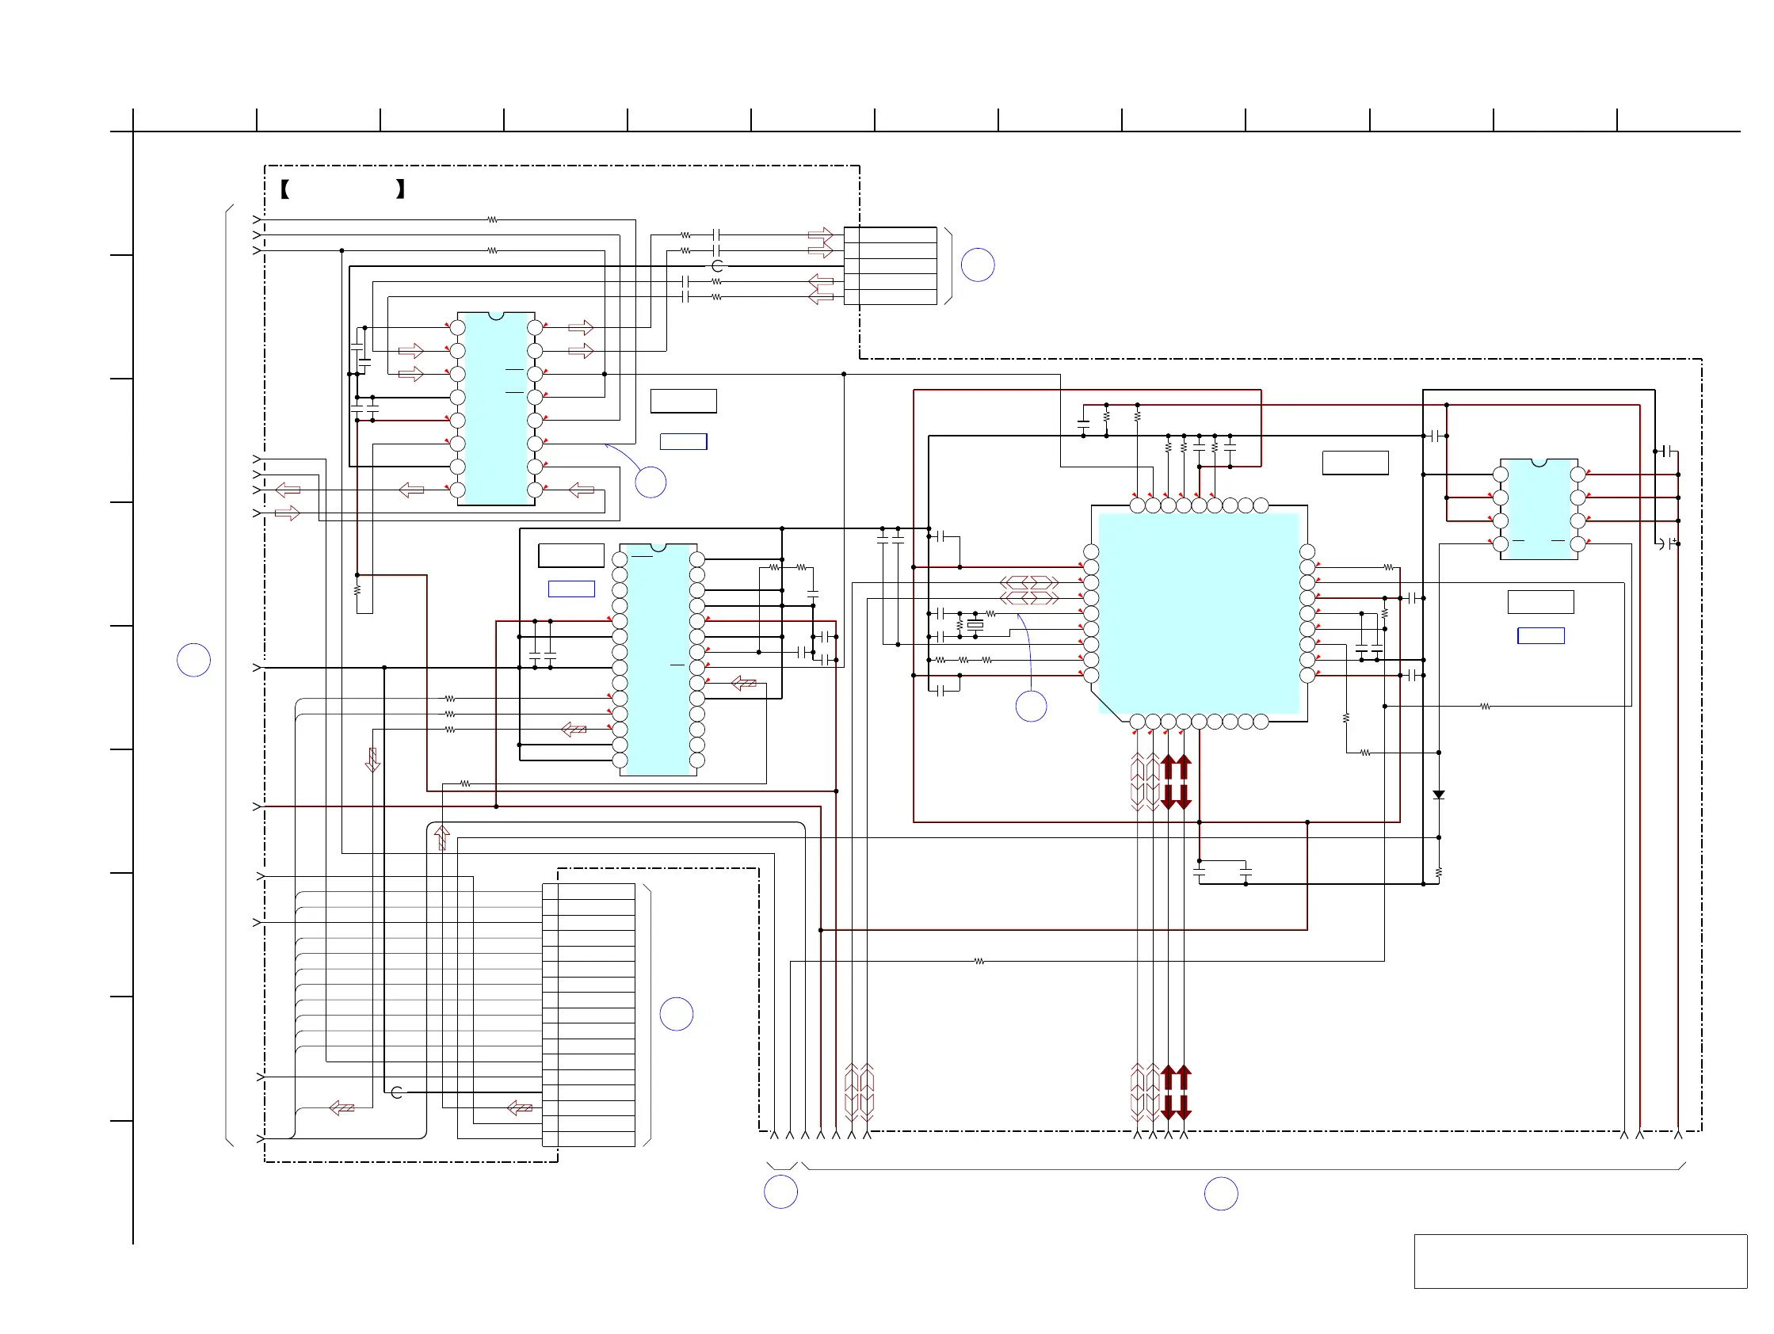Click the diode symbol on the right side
tap(1439, 795)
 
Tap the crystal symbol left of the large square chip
tap(975, 623)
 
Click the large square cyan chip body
tap(1198, 613)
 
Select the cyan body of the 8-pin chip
tap(1539, 510)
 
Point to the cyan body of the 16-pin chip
tap(496, 409)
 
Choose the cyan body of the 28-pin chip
tap(658, 659)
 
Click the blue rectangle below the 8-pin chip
tap(1540, 636)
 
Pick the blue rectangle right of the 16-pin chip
tap(683, 442)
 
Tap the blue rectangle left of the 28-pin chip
tap(571, 589)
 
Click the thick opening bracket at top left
tap(284, 189)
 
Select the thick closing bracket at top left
tap(400, 189)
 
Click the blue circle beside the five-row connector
tap(978, 265)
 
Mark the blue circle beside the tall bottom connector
tap(676, 1014)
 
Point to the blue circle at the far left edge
tap(193, 660)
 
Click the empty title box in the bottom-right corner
tap(1580, 1261)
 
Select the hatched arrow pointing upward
tap(441, 837)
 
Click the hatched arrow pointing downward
tap(372, 759)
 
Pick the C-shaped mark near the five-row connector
tap(717, 266)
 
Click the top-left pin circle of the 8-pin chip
tap(1500, 475)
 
